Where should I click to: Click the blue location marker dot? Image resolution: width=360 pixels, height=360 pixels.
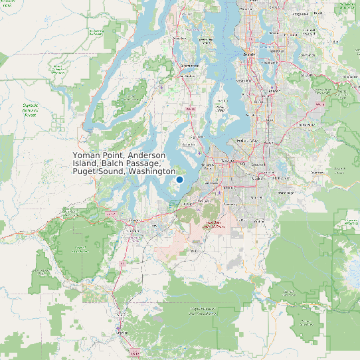179,179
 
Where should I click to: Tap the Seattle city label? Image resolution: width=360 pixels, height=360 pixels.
250,54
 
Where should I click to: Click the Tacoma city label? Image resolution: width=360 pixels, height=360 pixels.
228,161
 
